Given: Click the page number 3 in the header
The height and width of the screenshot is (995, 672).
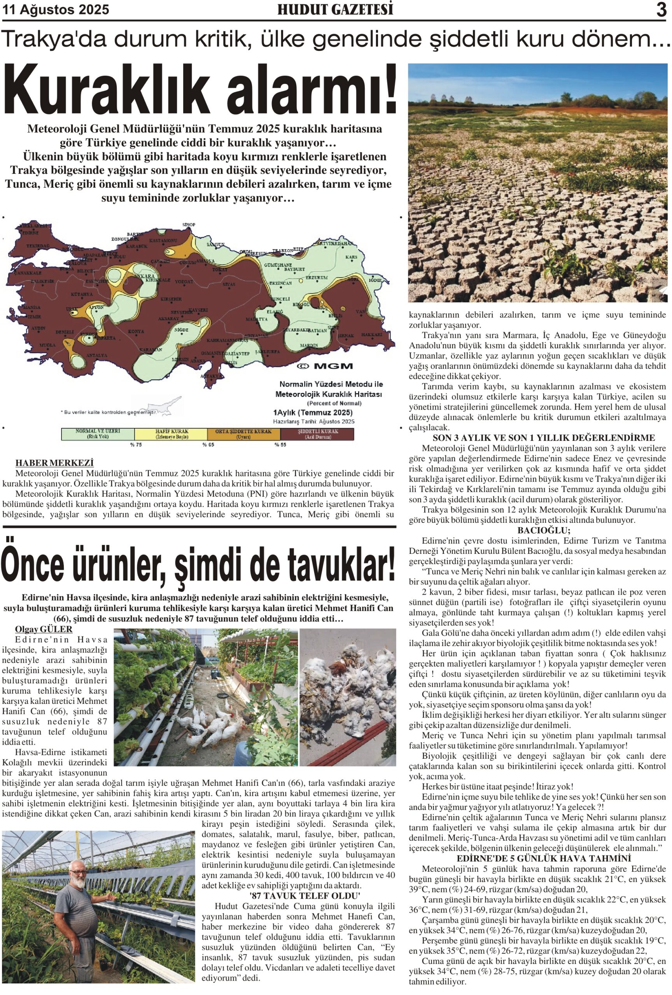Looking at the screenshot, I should click(661, 9).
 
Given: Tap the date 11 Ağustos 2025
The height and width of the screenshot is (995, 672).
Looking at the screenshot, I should click(56, 10).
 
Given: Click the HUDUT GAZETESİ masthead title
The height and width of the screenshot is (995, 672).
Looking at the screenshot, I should click(335, 10).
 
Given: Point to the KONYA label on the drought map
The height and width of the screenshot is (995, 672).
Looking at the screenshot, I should click(136, 332).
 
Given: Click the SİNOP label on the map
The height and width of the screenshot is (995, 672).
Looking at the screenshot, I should click(189, 224).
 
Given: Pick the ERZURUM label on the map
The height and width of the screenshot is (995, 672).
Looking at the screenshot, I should click(317, 278).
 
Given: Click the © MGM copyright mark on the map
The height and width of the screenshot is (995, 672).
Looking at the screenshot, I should click(325, 366).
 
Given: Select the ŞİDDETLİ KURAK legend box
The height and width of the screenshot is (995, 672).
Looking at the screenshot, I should click(317, 434).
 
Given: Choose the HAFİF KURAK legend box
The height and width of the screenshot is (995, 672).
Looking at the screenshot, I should click(171, 434).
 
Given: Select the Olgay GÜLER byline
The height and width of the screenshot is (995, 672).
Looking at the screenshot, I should click(44, 629).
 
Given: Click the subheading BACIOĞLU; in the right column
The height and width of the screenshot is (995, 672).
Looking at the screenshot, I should click(537, 531).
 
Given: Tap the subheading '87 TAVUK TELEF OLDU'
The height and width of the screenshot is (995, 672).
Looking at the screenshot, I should click(304, 895).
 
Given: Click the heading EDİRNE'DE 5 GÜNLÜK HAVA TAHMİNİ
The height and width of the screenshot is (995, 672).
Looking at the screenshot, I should click(537, 859).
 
